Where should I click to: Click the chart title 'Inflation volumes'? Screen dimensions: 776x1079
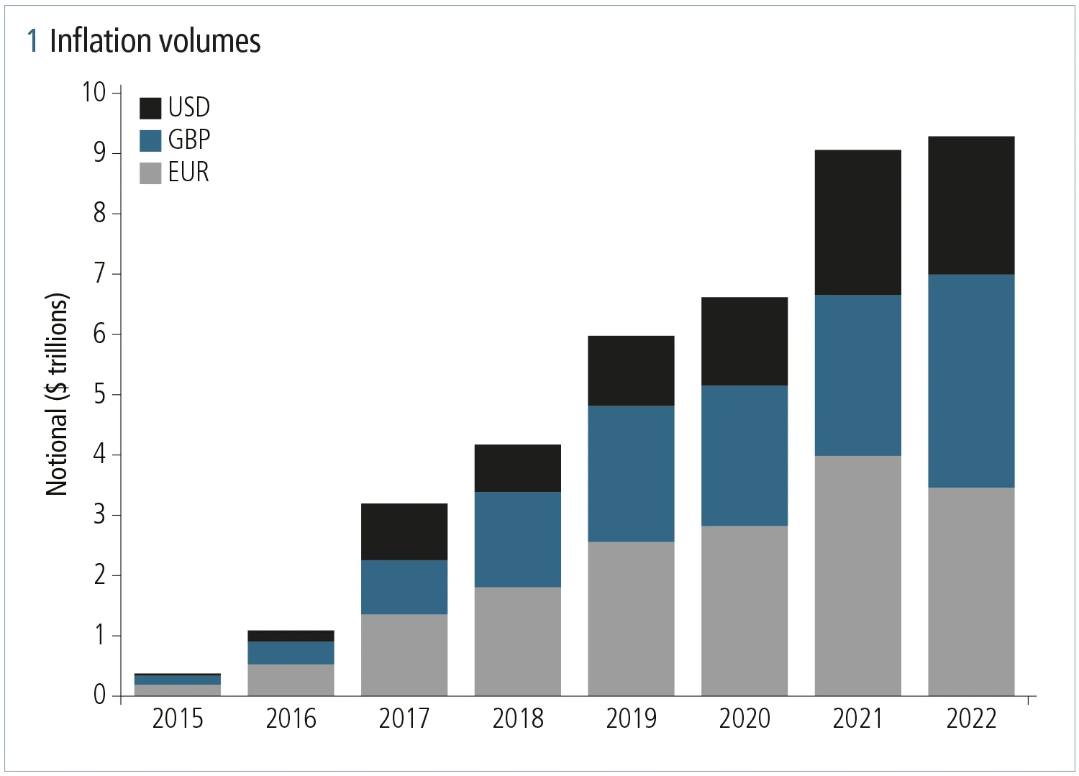click(155, 41)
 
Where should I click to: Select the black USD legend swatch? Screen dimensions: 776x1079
click(150, 108)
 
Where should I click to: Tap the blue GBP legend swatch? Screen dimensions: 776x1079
click(150, 140)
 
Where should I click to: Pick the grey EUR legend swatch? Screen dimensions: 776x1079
click(150, 173)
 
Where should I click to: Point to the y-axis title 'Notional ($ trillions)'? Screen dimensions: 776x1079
click(57, 394)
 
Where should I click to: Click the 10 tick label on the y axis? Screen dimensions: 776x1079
click(94, 92)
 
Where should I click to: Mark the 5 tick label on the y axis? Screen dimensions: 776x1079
click(99, 394)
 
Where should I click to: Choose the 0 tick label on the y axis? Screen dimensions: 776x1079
click(99, 695)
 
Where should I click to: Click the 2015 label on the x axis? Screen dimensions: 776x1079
click(178, 718)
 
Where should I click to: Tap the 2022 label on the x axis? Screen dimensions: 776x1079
click(971, 718)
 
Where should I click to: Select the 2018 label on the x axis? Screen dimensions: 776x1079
click(518, 718)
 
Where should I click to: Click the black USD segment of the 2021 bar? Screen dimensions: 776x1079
click(857, 222)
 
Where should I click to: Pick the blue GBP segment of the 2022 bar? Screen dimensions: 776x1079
click(971, 381)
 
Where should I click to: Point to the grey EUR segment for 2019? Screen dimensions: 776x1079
click(631, 618)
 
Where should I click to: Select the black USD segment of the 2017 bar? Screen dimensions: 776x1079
click(404, 531)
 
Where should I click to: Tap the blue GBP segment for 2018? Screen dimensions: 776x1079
click(518, 539)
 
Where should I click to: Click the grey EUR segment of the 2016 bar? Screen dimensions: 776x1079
click(291, 680)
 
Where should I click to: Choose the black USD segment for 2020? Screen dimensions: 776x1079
click(745, 342)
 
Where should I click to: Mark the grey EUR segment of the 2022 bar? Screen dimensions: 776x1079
click(971, 591)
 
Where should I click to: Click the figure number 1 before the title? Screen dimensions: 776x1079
click(32, 41)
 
